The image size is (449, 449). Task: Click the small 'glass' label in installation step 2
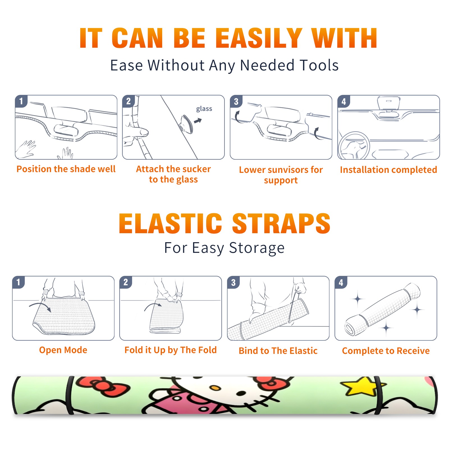pyautogui.click(x=204, y=109)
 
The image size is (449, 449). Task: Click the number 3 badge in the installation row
pyautogui.click(x=236, y=102)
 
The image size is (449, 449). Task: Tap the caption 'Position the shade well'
pyautogui.click(x=66, y=169)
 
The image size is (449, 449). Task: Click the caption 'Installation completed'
pyautogui.click(x=388, y=169)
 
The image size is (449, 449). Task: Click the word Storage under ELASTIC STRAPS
pyautogui.click(x=257, y=248)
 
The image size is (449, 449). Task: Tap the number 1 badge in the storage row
pyautogui.click(x=19, y=282)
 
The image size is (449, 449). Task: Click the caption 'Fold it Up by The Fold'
pyautogui.click(x=171, y=350)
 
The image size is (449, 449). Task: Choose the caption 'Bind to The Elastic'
pyautogui.click(x=278, y=351)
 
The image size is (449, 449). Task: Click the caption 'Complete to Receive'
pyautogui.click(x=386, y=351)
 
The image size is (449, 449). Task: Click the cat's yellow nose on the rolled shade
pyautogui.click(x=216, y=388)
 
